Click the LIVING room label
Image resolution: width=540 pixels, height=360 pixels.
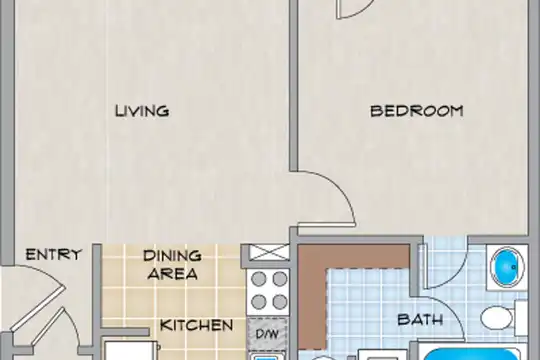[x=142, y=111]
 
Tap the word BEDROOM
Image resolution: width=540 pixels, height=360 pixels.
[x=417, y=111]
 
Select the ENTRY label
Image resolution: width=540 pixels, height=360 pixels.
[x=54, y=255]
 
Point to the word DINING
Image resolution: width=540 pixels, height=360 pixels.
[x=172, y=256]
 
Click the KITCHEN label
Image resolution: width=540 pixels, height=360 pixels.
[x=197, y=325]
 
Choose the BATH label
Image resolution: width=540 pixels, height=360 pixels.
[x=420, y=320]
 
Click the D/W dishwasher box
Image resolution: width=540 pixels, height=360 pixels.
[x=268, y=333]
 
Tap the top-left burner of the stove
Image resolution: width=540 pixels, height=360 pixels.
[x=259, y=279]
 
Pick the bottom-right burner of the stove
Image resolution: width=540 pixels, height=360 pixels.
[x=280, y=302]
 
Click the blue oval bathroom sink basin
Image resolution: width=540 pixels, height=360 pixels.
[x=507, y=267]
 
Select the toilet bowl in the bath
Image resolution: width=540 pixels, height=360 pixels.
[x=497, y=318]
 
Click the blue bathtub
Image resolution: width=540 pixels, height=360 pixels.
[x=473, y=355]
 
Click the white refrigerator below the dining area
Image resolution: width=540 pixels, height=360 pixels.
[x=132, y=350]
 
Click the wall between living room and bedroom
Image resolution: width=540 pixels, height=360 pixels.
[x=293, y=85]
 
